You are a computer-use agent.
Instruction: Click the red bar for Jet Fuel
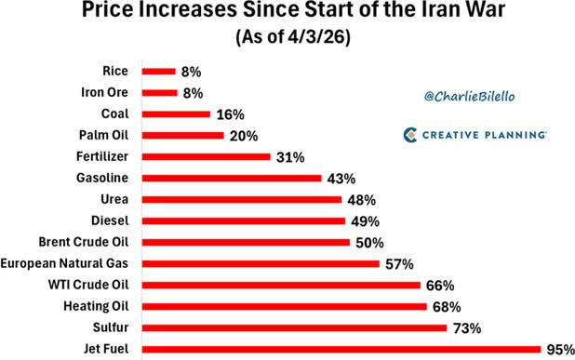[x=341, y=350]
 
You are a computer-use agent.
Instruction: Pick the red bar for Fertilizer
[x=206, y=157]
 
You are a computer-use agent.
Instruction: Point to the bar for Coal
[x=176, y=114]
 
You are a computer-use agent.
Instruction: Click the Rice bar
[x=159, y=71]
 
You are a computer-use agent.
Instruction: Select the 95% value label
[x=558, y=350]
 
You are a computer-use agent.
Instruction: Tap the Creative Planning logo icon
[x=411, y=135]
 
